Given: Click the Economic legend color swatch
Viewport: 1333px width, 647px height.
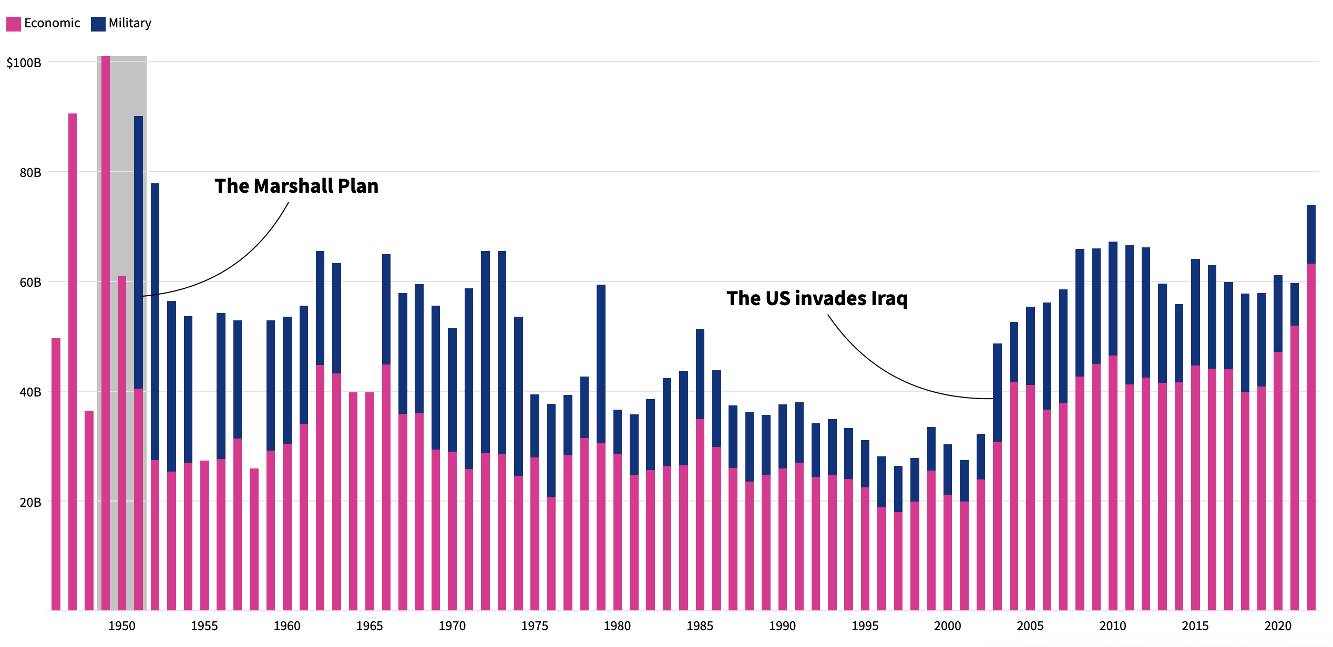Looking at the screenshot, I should (14, 24).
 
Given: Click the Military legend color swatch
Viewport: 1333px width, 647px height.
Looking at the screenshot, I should (98, 24).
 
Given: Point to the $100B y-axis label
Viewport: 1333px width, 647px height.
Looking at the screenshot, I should (24, 63).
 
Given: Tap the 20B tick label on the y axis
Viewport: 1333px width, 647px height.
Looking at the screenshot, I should (30, 503).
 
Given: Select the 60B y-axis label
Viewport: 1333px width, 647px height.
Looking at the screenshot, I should (30, 283).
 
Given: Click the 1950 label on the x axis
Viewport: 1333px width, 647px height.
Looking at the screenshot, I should (122, 626).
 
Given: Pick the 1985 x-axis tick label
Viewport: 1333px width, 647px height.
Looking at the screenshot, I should (700, 626).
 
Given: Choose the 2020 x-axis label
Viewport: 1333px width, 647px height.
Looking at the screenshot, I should (1278, 626).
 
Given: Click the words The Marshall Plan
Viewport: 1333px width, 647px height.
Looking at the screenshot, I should (296, 186).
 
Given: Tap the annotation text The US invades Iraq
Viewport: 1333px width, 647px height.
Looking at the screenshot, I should (817, 298).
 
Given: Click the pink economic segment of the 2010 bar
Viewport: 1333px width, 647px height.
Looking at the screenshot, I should (1113, 483).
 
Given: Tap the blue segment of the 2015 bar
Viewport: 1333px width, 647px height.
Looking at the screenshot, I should (1195, 312).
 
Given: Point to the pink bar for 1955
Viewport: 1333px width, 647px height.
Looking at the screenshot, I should (204, 536).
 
